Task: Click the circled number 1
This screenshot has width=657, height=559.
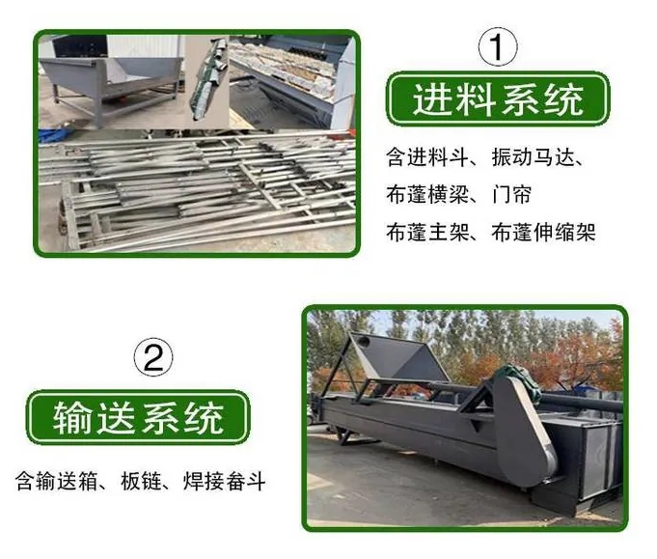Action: pos(498,46)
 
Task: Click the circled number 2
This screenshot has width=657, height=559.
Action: pos(152,357)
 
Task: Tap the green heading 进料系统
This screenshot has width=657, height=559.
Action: pos(498,99)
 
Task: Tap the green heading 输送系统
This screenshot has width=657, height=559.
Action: pos(138,417)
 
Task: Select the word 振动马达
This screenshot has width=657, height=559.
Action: pos(533,157)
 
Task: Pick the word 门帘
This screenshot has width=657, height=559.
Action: pos(511,195)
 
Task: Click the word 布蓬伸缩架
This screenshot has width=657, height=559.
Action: pos(543,233)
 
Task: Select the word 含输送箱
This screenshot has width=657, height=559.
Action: pos(57,481)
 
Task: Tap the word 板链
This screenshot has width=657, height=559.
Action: pos(141,481)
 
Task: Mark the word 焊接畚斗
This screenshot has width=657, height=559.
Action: pos(225,481)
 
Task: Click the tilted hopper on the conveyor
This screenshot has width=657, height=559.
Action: pos(396,360)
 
